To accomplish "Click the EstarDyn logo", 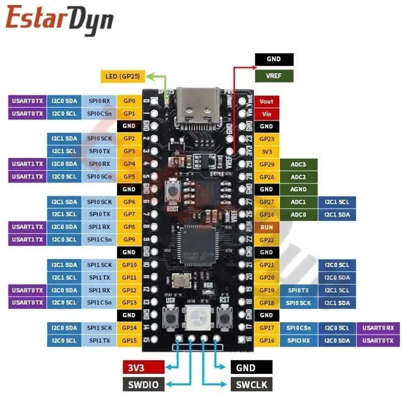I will tap(59, 20).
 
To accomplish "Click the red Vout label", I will tap(266, 101).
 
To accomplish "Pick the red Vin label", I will tap(266, 114).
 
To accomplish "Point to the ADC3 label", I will tap(298, 164).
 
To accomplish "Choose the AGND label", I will tap(298, 189).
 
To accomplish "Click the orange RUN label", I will tap(266, 227).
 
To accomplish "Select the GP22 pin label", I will tap(266, 240).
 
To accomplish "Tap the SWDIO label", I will tap(144, 385).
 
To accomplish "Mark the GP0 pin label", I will tap(129, 101).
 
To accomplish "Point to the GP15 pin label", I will tap(129, 341).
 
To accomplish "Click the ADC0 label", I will tap(298, 215).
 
